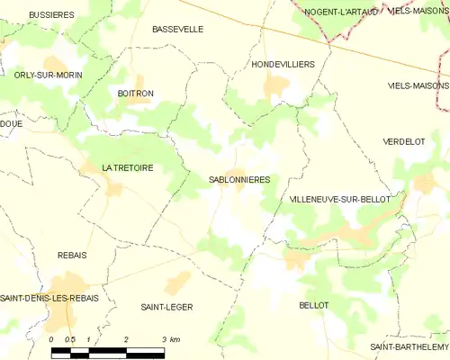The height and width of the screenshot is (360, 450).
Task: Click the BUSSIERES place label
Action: pos(50,15)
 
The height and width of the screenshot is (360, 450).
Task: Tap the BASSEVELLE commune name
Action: pos(177,30)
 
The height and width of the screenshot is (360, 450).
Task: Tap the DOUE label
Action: pos(12,124)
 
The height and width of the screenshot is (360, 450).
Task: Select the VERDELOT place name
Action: pos(403,142)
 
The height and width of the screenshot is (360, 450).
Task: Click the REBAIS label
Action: pos(72,256)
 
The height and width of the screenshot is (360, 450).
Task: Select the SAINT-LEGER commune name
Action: pos(166,307)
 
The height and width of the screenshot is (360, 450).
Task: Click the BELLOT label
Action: pos(313,306)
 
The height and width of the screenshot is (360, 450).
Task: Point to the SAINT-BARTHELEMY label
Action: pos(409,346)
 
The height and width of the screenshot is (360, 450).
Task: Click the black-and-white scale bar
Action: pos(107,351)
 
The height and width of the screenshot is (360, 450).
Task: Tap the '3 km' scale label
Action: pos(171,339)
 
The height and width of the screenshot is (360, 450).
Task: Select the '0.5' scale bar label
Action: pos(69,339)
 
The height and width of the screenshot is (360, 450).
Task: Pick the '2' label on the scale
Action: pos(126,339)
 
